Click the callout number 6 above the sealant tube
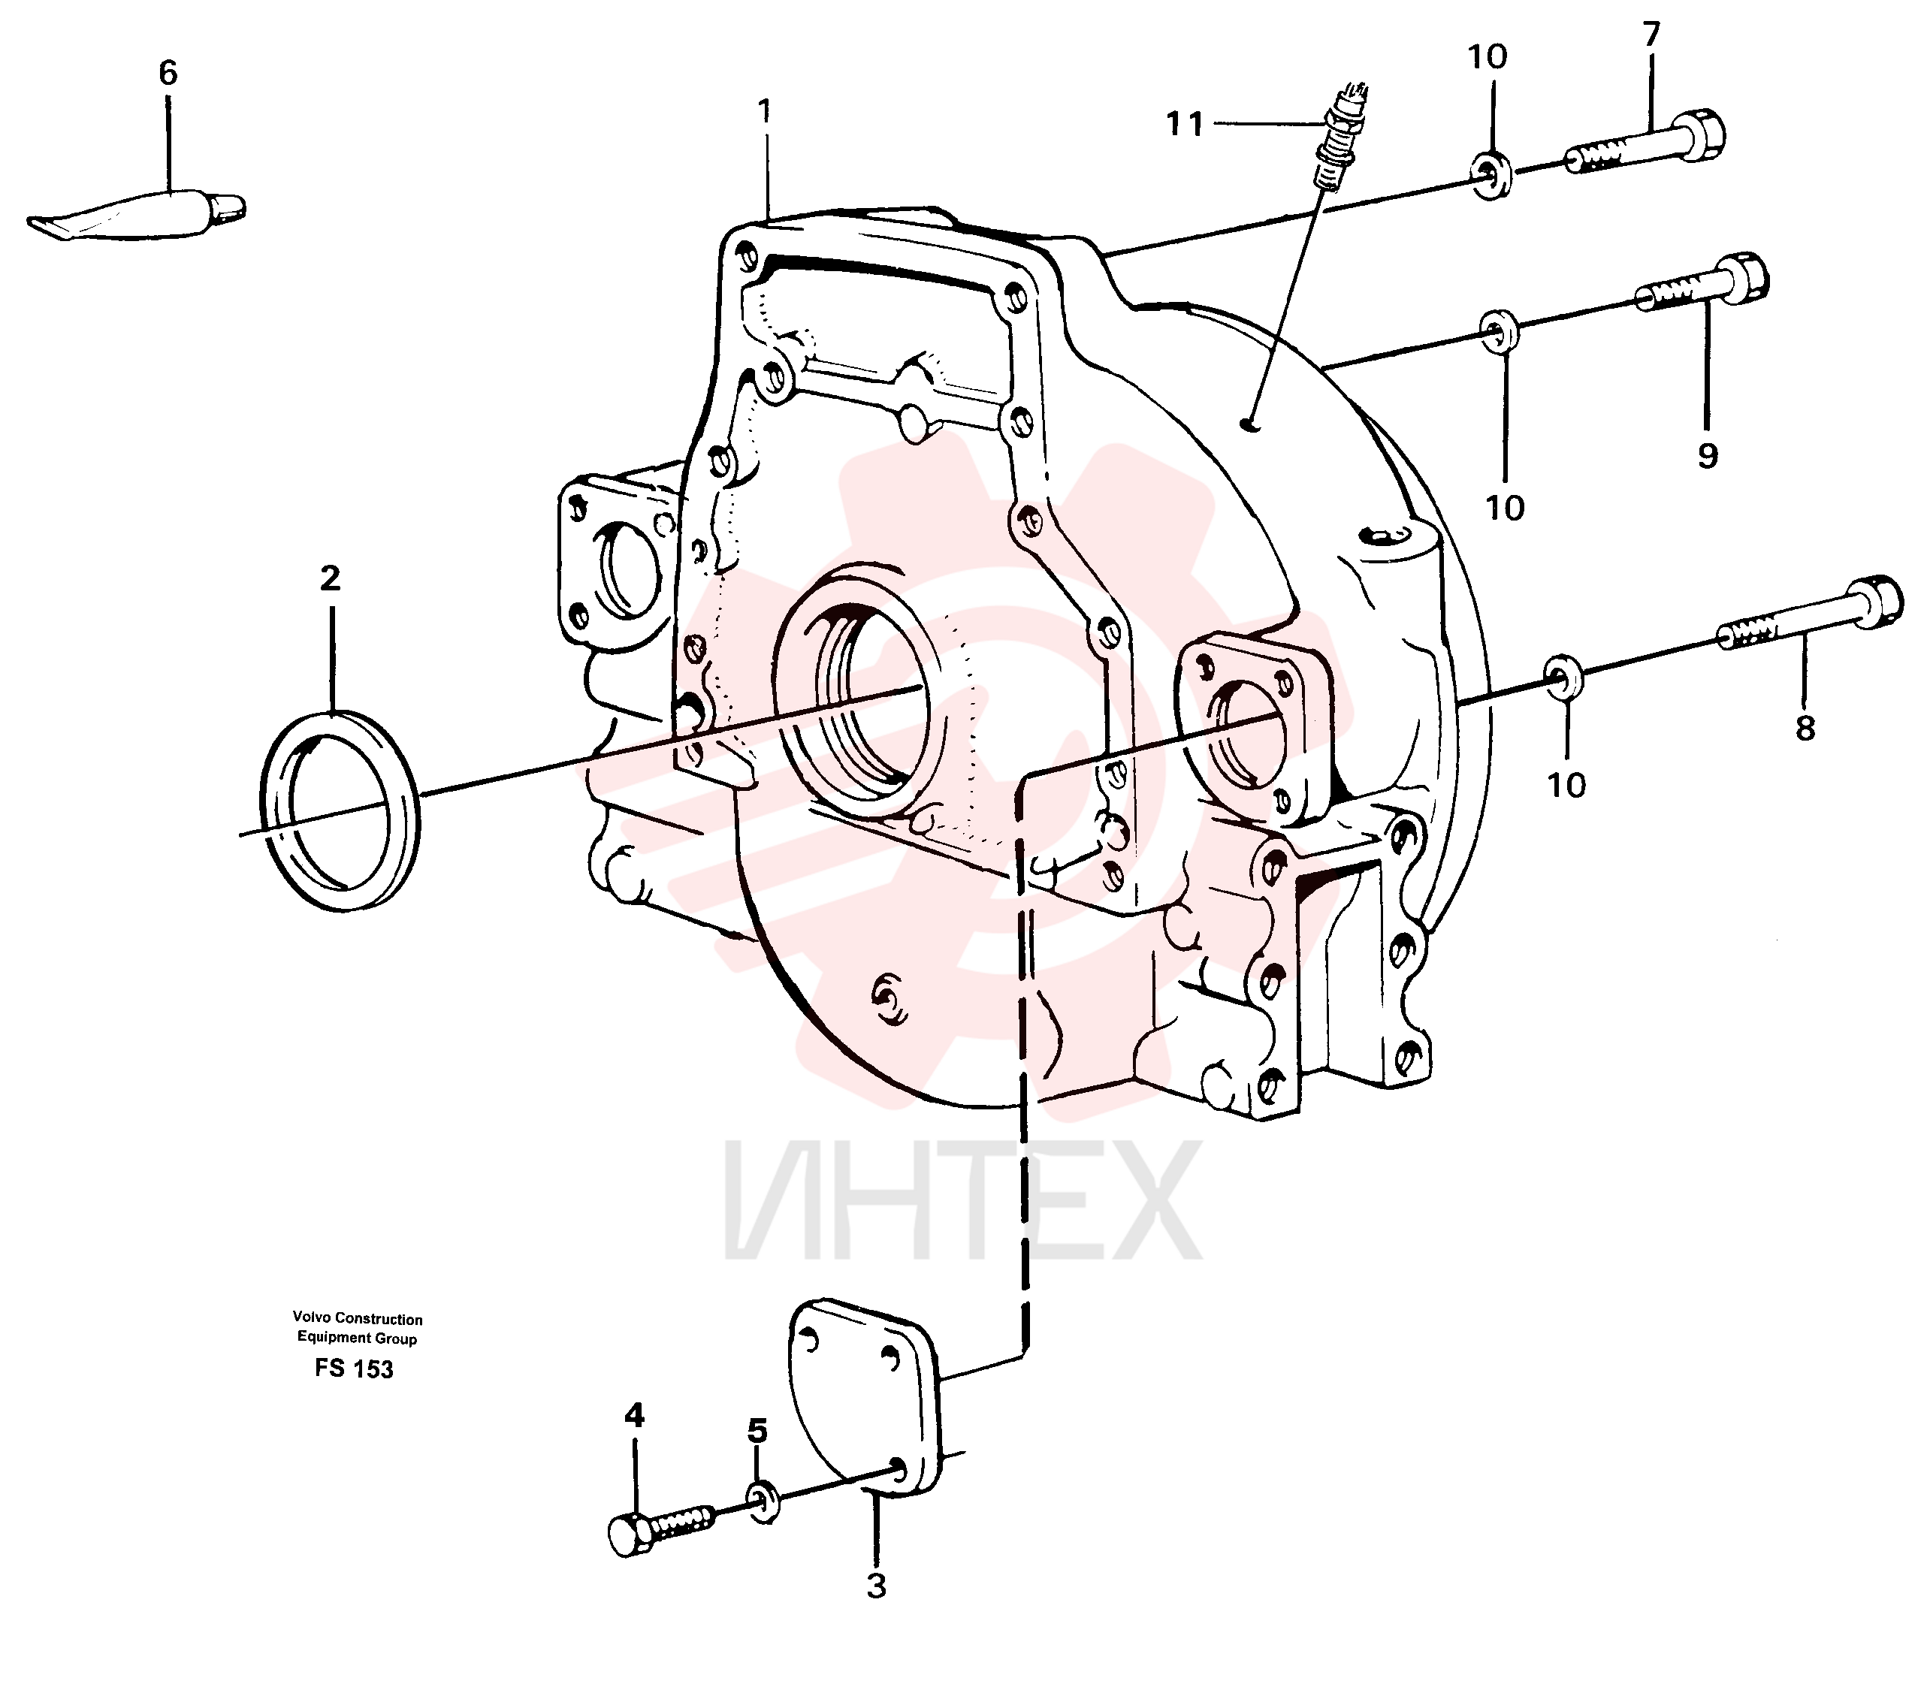168,73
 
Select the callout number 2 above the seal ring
330,578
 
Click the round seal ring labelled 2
339,811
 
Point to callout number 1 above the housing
764,112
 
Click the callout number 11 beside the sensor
1185,123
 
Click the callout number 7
1651,35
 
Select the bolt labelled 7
1645,151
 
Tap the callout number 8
1805,728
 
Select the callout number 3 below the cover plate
876,1586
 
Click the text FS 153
354,1369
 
